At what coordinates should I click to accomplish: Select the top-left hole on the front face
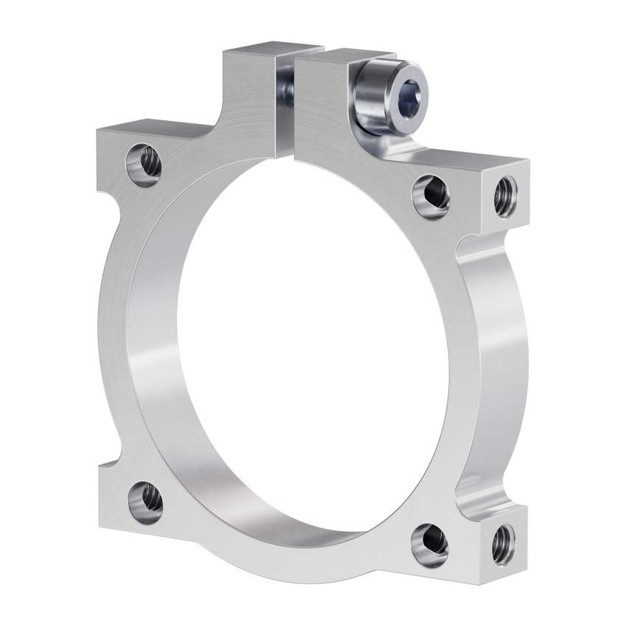point(144,164)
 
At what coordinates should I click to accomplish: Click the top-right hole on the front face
point(432,195)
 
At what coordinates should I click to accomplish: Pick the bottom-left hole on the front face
point(145,502)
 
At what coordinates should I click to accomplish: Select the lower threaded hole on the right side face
point(503,544)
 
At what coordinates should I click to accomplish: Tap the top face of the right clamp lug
point(345,58)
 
